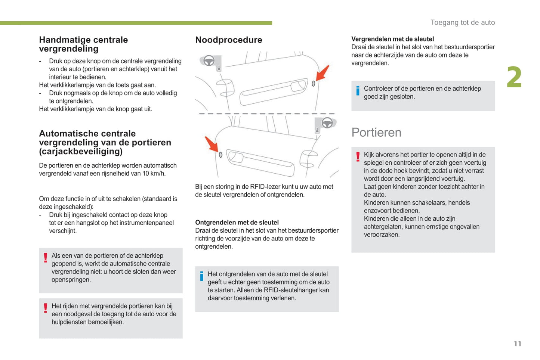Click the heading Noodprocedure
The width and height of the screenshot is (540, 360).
click(x=229, y=40)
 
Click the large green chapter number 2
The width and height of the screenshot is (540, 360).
click(x=514, y=78)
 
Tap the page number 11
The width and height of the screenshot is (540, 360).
click(x=518, y=344)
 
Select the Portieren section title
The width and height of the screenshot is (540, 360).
click(x=376, y=133)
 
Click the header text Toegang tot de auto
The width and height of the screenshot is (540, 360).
click(x=463, y=22)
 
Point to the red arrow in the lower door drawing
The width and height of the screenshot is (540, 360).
click(x=212, y=144)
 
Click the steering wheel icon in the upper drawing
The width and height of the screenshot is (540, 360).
click(x=209, y=60)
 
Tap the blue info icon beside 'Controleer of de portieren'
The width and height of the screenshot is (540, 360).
click(x=358, y=90)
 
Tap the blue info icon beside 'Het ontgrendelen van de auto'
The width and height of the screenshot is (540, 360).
click(x=202, y=276)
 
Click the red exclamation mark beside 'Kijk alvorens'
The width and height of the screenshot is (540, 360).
click(x=358, y=156)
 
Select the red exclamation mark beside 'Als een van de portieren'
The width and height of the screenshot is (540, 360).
click(x=46, y=258)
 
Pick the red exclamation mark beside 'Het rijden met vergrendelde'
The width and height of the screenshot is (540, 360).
click(x=46, y=308)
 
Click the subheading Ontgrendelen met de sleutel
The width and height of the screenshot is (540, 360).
click(x=237, y=223)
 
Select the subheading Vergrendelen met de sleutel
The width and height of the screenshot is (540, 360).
click(x=392, y=39)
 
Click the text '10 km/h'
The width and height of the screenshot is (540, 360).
click(x=154, y=174)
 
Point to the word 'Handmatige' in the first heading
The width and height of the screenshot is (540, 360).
click(x=61, y=40)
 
